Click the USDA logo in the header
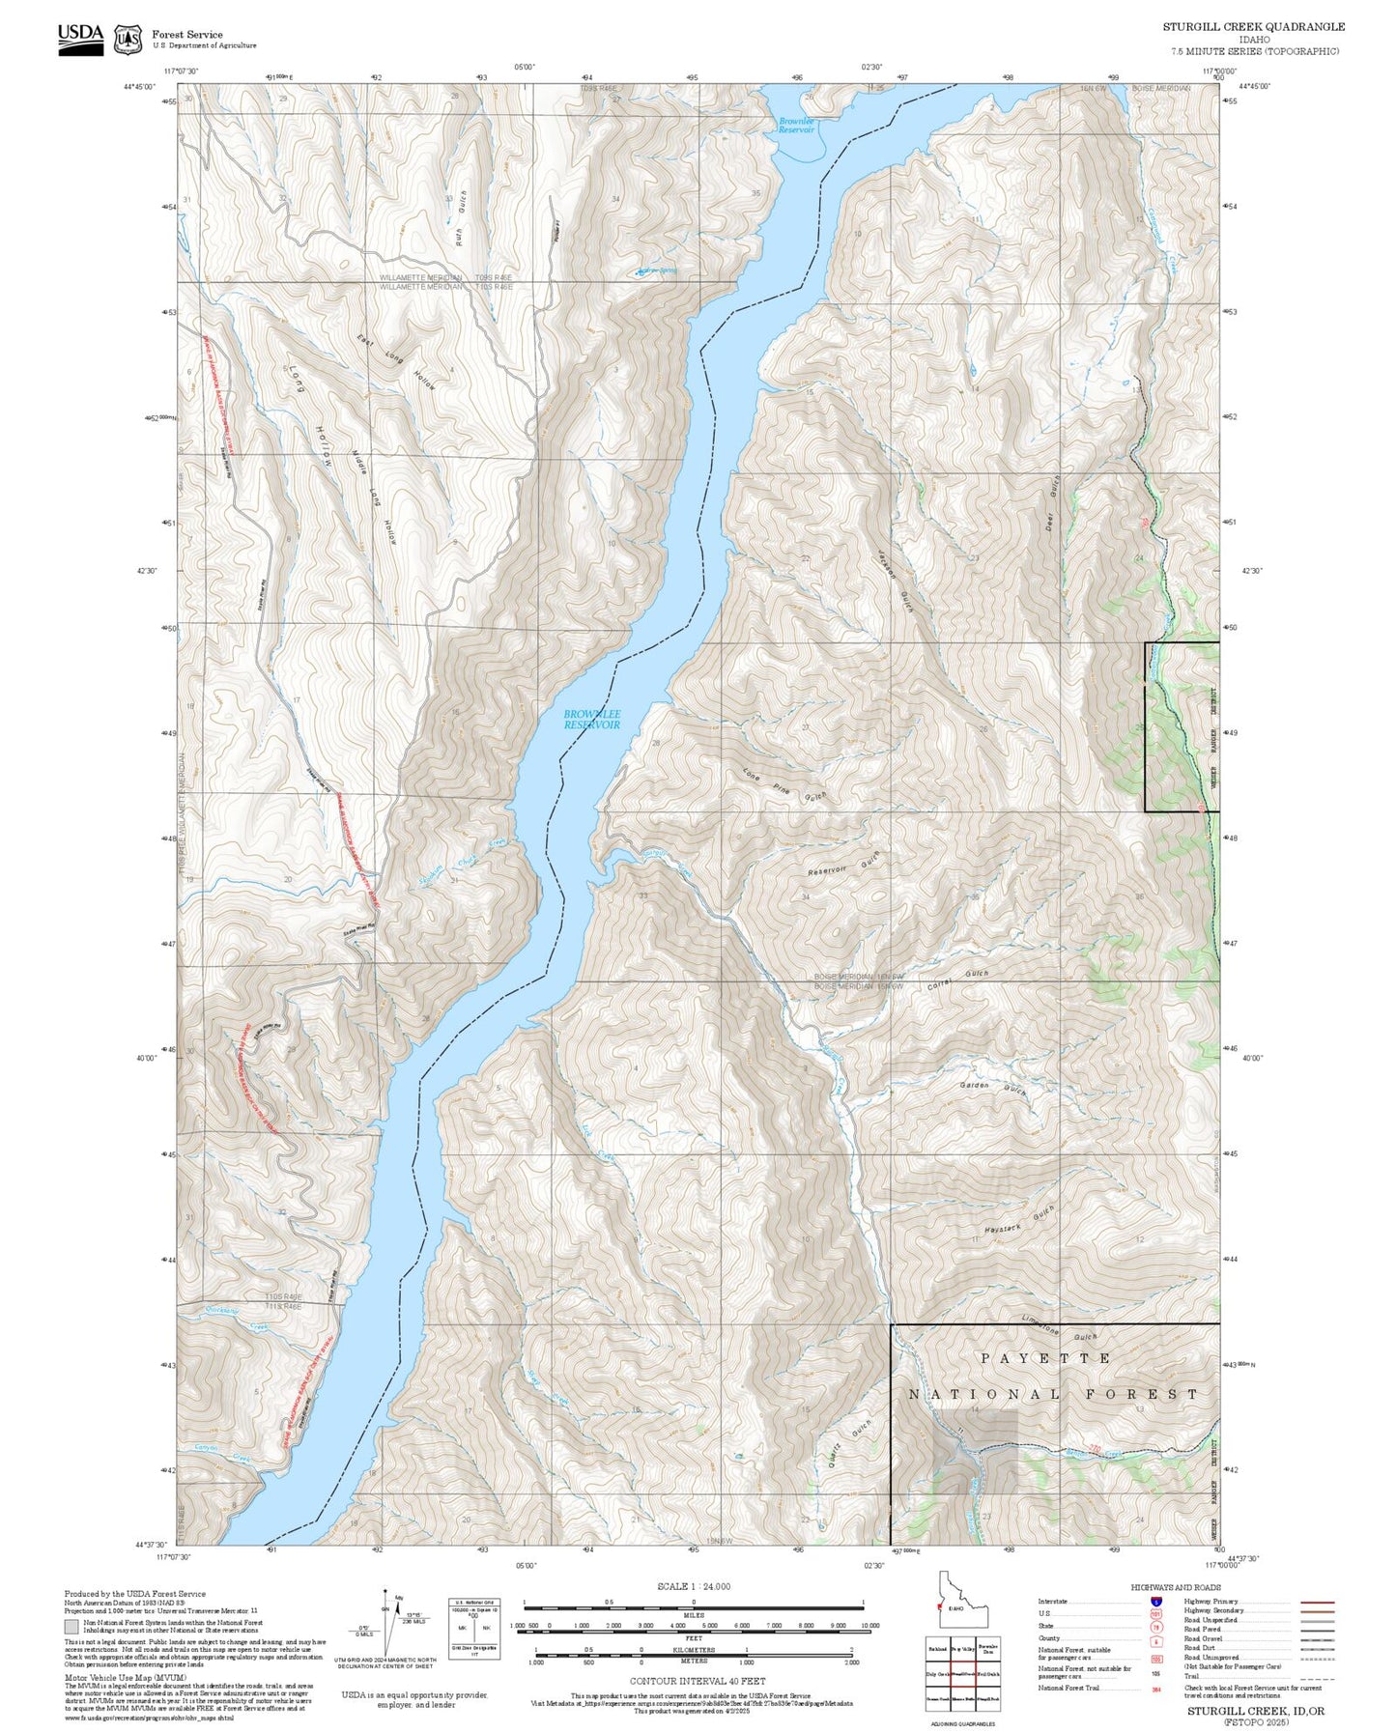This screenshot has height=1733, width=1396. click(80, 38)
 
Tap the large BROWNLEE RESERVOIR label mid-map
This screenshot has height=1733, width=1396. click(592, 719)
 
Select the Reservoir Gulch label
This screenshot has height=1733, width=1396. click(843, 864)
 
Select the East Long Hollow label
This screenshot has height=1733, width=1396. click(396, 362)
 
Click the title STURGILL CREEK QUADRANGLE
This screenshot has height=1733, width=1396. click(1253, 27)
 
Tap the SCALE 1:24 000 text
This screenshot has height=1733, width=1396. click(693, 1586)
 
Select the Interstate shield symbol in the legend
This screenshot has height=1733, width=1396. click(1155, 1601)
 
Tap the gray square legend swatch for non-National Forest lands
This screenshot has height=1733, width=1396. click(71, 1626)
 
